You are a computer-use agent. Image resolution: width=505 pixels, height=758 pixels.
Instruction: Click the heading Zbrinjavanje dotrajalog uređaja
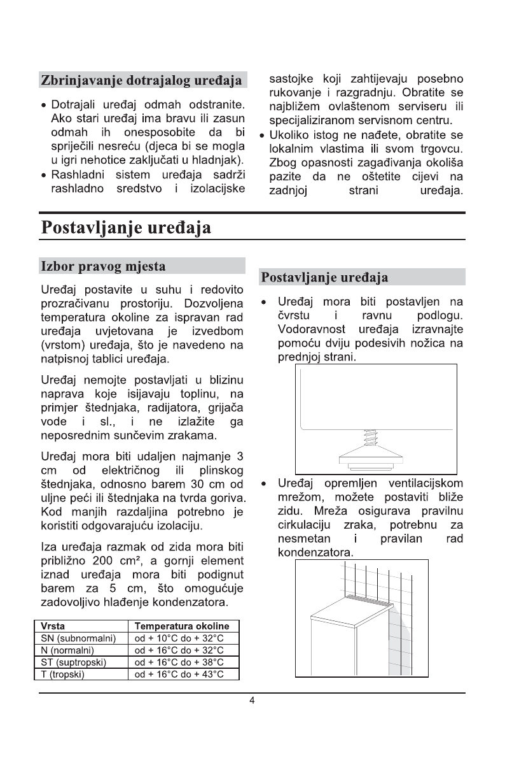click(x=141, y=81)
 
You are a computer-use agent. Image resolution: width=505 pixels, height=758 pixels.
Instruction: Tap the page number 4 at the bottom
click(x=253, y=701)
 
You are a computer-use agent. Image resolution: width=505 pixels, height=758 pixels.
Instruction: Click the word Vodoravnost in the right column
click(x=312, y=329)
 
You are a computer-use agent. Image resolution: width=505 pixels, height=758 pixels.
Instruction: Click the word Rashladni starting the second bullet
click(x=77, y=175)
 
